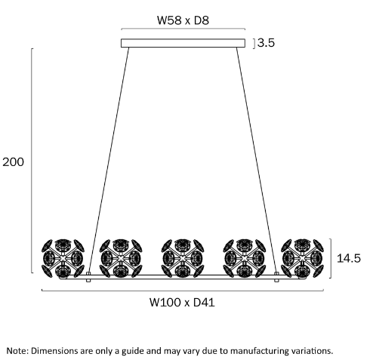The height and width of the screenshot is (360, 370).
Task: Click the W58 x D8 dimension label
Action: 183,20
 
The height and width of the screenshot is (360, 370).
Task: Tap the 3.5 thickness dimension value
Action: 266,43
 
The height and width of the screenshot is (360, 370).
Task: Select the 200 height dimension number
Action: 13,162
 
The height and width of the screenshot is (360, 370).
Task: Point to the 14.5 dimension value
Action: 349,258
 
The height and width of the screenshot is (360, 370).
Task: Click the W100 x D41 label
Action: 182,302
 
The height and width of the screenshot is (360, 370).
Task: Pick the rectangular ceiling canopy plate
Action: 183,43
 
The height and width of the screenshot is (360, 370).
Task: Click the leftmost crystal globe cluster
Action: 63,258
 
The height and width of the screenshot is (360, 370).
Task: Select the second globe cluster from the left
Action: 121,258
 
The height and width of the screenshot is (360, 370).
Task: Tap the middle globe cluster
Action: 183,258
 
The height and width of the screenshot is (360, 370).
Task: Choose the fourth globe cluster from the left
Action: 245,258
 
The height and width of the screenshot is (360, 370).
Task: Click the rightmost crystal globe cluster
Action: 302,258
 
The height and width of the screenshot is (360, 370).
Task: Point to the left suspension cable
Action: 109,160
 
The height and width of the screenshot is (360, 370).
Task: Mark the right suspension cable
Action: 257,160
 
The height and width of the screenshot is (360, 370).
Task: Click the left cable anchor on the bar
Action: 88,277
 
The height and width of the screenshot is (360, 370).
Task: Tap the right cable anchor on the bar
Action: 276,277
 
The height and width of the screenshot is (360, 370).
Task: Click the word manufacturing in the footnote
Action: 259,351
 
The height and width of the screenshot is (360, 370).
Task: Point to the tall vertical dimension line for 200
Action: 32,161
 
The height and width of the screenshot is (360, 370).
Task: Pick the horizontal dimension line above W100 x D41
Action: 183,291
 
